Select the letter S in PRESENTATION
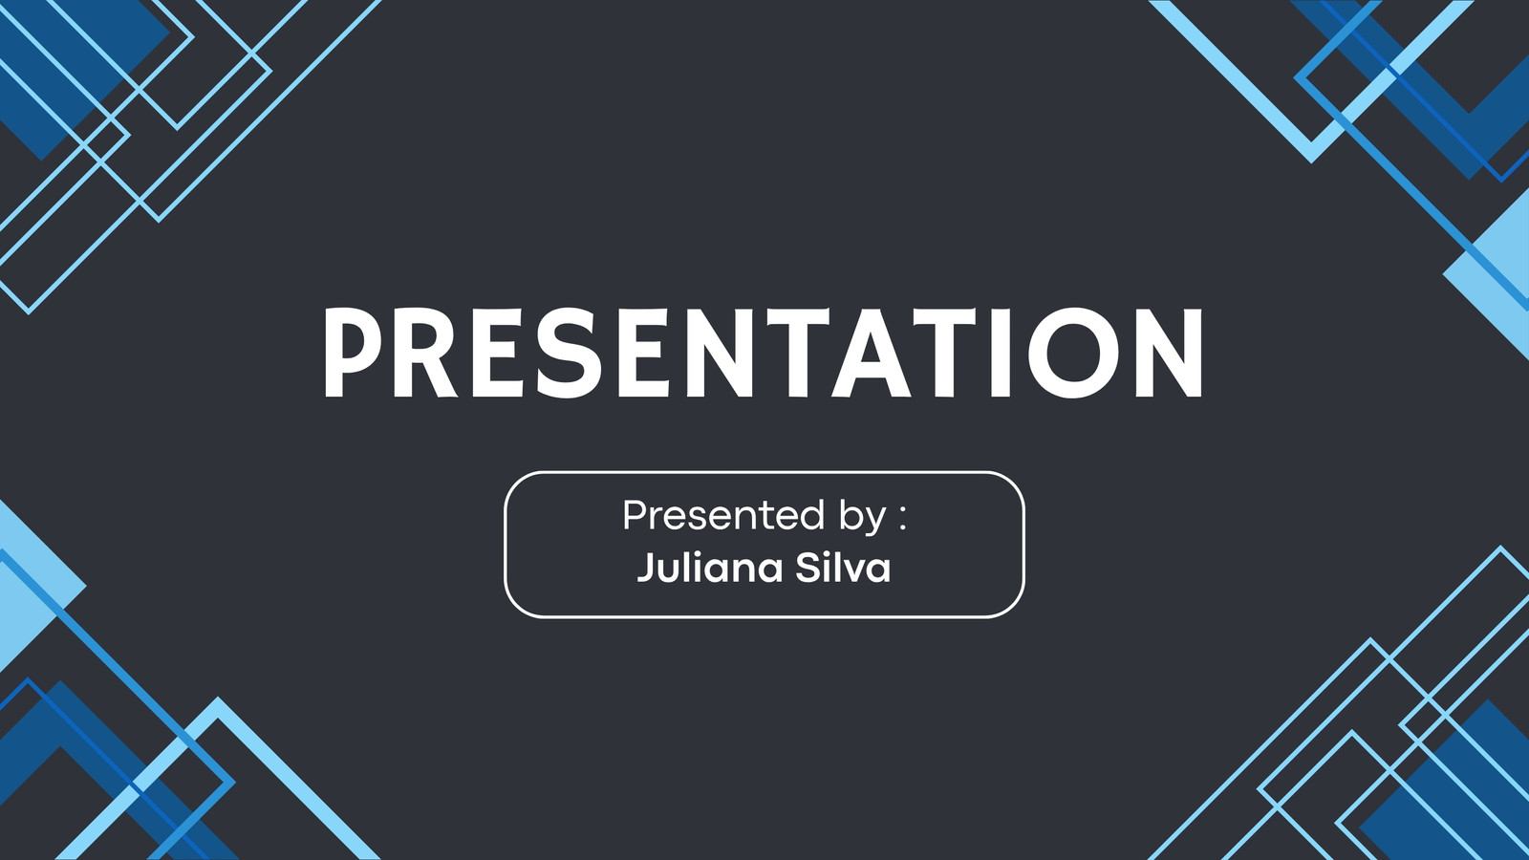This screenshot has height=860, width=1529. tap(561, 353)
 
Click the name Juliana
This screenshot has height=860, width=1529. tap(710, 568)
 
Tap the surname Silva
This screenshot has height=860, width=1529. tap(843, 568)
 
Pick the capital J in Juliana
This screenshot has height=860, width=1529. tap(646, 569)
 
